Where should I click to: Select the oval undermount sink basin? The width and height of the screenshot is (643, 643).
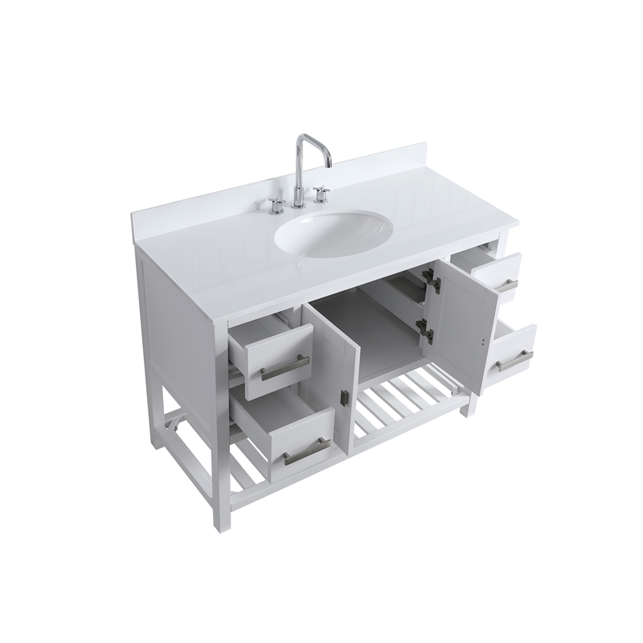tap(334, 232)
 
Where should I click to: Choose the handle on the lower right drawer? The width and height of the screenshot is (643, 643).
tap(514, 361)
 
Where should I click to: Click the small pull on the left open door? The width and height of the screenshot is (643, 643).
tap(345, 398)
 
